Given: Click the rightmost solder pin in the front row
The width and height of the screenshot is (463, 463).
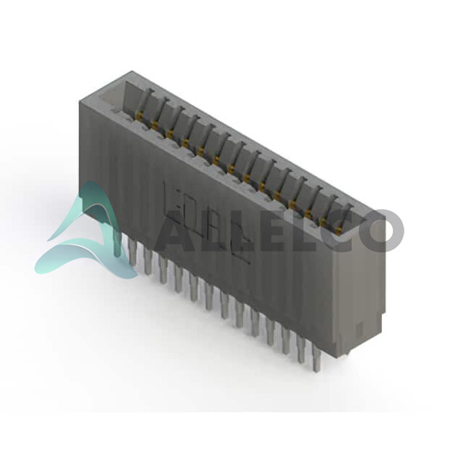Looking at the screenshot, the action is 317,359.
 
